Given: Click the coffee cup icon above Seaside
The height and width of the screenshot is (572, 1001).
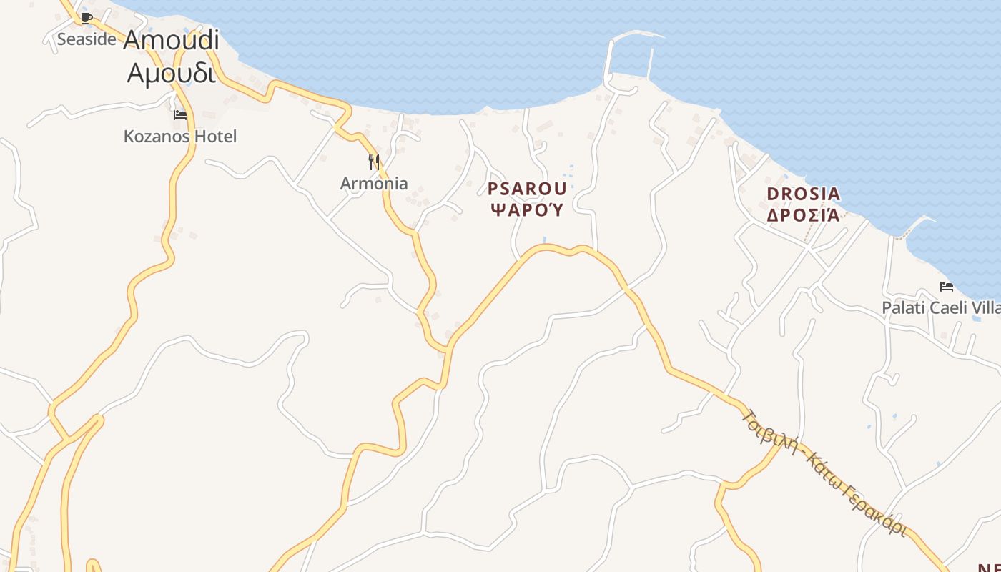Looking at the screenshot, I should pyautogui.click(x=87, y=18).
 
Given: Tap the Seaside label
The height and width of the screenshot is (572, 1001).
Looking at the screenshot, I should pyautogui.click(x=87, y=39).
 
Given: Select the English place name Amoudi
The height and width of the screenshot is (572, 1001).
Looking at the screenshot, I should pyautogui.click(x=171, y=40).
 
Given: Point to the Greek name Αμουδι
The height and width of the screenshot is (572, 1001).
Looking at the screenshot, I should pyautogui.click(x=171, y=71).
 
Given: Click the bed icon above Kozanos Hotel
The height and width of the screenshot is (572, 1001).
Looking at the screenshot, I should pyautogui.click(x=180, y=114).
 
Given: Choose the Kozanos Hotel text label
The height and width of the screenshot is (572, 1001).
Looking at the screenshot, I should pyautogui.click(x=180, y=136).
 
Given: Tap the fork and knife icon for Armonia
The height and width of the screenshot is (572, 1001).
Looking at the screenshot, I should pyautogui.click(x=373, y=162).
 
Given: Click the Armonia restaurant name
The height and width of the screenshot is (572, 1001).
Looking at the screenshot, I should pyautogui.click(x=374, y=183).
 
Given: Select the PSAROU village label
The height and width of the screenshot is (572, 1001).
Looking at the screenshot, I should pyautogui.click(x=527, y=189).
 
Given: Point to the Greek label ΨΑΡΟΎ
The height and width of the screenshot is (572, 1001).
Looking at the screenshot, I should pyautogui.click(x=527, y=209).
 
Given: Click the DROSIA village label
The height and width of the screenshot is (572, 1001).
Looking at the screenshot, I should pyautogui.click(x=803, y=194).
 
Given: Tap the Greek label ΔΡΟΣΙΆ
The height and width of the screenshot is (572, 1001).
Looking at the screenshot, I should pyautogui.click(x=803, y=214).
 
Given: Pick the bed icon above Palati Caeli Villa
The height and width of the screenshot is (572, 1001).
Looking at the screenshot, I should pyautogui.click(x=947, y=287).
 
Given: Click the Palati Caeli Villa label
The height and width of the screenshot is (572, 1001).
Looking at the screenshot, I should pyautogui.click(x=941, y=308).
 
